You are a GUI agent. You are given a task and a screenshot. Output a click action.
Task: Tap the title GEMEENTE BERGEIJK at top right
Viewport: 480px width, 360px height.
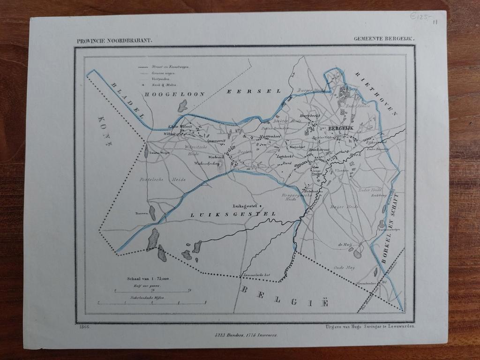(383, 40)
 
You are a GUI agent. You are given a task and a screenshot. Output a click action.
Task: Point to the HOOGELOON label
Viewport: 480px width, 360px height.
(175, 94)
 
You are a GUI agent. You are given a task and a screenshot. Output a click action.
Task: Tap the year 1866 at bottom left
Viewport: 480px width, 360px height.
(84, 327)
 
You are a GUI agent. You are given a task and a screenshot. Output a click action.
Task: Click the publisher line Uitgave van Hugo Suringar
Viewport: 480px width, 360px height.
(369, 327)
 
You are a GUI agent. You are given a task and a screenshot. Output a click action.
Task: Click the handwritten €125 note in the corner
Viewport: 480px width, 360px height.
(419, 17)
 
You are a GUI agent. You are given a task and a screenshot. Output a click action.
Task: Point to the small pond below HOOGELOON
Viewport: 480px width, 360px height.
(182, 106)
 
